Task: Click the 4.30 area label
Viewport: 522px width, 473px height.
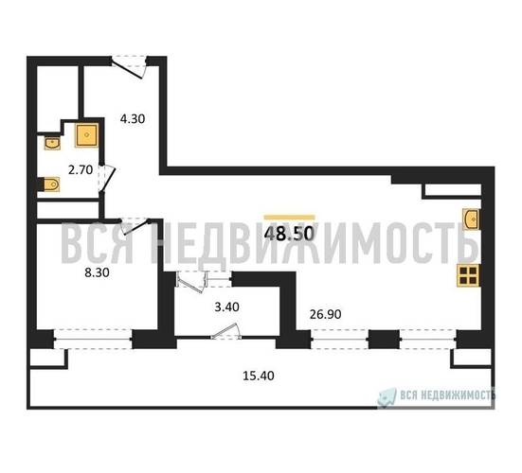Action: coord(133,118)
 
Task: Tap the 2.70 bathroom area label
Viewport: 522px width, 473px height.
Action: coord(81,170)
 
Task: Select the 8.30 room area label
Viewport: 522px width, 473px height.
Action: coord(97,272)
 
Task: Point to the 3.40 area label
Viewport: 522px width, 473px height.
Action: coord(226,307)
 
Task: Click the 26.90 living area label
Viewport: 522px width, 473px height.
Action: coord(325,314)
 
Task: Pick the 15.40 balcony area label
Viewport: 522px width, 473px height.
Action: coord(259,376)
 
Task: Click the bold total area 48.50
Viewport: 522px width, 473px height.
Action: coord(289,234)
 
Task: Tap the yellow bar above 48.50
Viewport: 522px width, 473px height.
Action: coord(289,218)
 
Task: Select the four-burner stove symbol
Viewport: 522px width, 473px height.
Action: coord(468,275)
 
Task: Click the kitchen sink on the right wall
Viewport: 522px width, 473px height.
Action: coord(473,219)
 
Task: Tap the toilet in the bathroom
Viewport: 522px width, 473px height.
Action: coord(50,184)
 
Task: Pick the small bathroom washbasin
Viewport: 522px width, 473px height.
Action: coord(52,143)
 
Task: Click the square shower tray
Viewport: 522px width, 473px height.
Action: coord(86,135)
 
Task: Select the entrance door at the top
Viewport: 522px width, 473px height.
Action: coord(129,67)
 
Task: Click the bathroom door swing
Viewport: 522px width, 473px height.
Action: coord(107,179)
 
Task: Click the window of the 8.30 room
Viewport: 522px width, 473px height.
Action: coord(93,339)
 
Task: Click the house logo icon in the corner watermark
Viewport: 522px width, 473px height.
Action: coord(387,397)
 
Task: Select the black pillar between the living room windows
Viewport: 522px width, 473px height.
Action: coord(384,340)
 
